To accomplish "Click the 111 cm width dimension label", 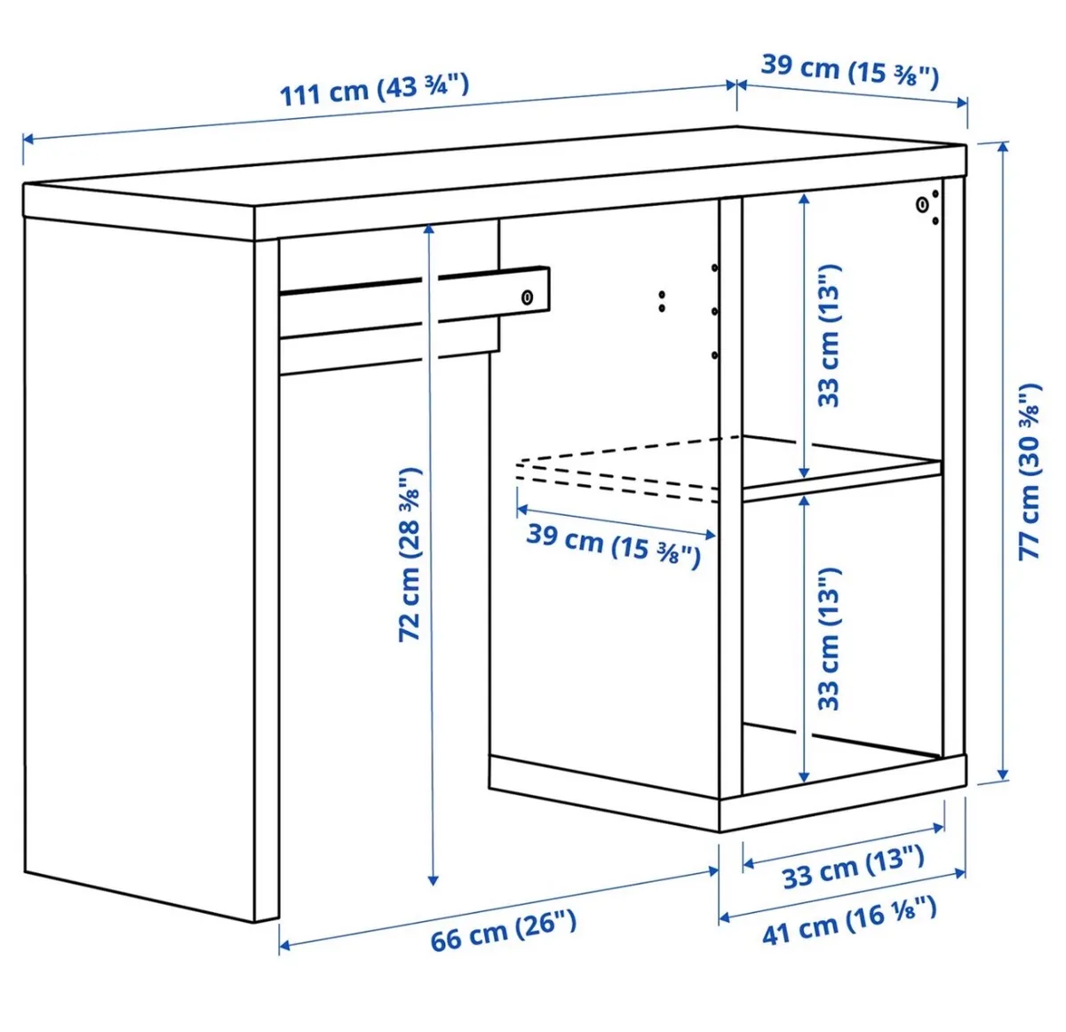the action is point(374,91).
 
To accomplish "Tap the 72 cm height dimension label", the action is point(410,554).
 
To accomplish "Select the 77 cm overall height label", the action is point(1030,472).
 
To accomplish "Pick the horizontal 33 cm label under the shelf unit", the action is point(854,868).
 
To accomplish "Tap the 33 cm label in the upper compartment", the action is point(829,336).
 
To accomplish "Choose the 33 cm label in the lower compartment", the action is point(829,639).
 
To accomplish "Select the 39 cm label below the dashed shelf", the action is point(613,545).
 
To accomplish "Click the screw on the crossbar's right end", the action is point(527,298).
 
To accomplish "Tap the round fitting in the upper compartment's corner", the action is point(922,205).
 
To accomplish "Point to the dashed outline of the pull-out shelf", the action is point(619,470).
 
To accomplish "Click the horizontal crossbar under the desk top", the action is point(414,302).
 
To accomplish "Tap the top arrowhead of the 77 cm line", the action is point(1002,147).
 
